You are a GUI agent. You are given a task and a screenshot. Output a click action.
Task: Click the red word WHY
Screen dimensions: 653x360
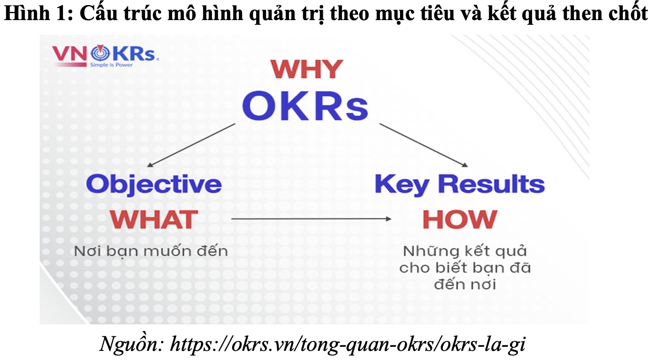pyautogui.click(x=307, y=69)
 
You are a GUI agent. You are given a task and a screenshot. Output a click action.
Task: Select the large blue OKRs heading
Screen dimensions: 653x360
pyautogui.click(x=305, y=106)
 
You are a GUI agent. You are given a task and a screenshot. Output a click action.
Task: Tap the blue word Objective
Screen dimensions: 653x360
pyautogui.click(x=153, y=185)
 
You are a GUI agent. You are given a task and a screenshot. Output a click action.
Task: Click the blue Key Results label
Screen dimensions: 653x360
pyautogui.click(x=460, y=185)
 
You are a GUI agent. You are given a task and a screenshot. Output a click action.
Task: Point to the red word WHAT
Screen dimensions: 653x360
pyautogui.click(x=154, y=219)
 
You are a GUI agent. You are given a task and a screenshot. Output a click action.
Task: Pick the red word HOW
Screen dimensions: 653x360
pyautogui.click(x=460, y=219)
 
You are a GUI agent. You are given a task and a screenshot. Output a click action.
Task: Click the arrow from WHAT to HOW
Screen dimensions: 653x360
pyautogui.click(x=311, y=219)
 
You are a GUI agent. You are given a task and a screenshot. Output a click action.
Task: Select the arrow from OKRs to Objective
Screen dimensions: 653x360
pyautogui.click(x=191, y=145)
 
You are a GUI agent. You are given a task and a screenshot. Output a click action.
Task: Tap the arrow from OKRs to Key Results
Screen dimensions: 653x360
pyautogui.click(x=424, y=145)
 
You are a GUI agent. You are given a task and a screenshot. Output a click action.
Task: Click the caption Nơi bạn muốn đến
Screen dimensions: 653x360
pyautogui.click(x=151, y=251)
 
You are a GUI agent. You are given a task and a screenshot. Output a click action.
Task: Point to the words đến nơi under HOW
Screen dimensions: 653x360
pyautogui.click(x=465, y=284)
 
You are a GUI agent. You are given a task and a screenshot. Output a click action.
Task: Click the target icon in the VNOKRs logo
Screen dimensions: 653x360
pyautogui.click(x=100, y=53)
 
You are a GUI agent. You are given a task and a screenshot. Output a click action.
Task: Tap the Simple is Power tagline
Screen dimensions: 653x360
pyautogui.click(x=111, y=65)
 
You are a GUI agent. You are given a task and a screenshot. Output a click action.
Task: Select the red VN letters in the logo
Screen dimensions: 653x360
pyautogui.click(x=70, y=53)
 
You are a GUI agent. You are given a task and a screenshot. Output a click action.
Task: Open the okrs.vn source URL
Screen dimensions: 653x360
pyautogui.click(x=348, y=345)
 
